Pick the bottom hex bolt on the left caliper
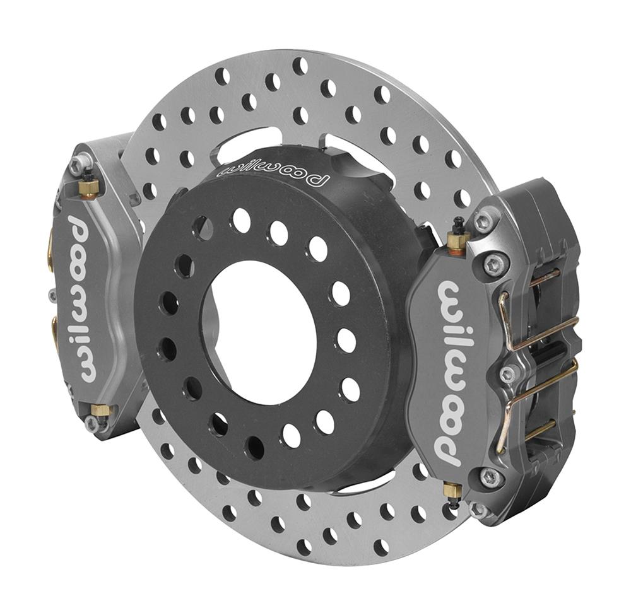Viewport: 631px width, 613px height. [93, 424]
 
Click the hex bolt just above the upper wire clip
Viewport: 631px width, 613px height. [497, 264]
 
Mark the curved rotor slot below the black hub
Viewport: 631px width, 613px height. [372, 486]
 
